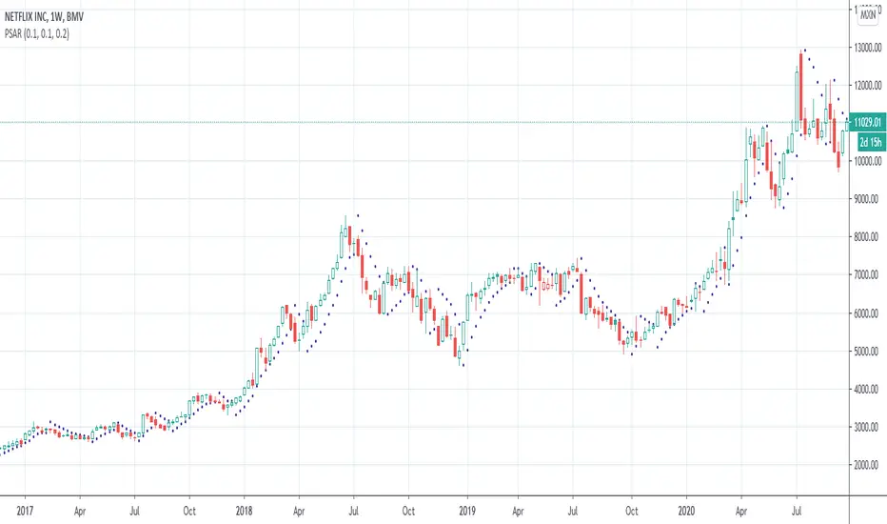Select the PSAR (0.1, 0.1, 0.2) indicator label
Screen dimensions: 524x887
tap(42, 34)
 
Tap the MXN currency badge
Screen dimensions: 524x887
tap(868, 14)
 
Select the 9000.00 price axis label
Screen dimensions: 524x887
tap(866, 199)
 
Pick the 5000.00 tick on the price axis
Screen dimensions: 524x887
tap(866, 352)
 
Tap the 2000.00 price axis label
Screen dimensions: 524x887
tap(866, 465)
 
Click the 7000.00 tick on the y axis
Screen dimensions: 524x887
tap(866, 275)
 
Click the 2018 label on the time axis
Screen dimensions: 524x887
tap(246, 510)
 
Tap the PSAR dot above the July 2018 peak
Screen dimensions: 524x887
tap(357, 215)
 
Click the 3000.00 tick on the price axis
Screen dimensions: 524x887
tap(866, 427)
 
